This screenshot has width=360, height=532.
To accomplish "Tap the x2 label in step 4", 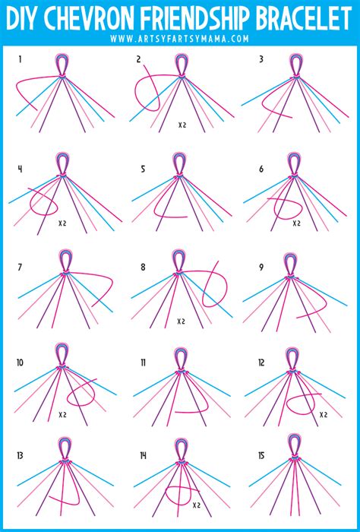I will click(x=63, y=224).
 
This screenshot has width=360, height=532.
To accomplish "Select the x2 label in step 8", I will click(x=182, y=321).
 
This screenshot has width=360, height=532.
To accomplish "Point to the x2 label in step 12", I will click(x=324, y=414).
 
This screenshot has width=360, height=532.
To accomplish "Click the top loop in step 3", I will click(x=293, y=66).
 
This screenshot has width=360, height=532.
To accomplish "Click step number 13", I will click(x=20, y=457).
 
